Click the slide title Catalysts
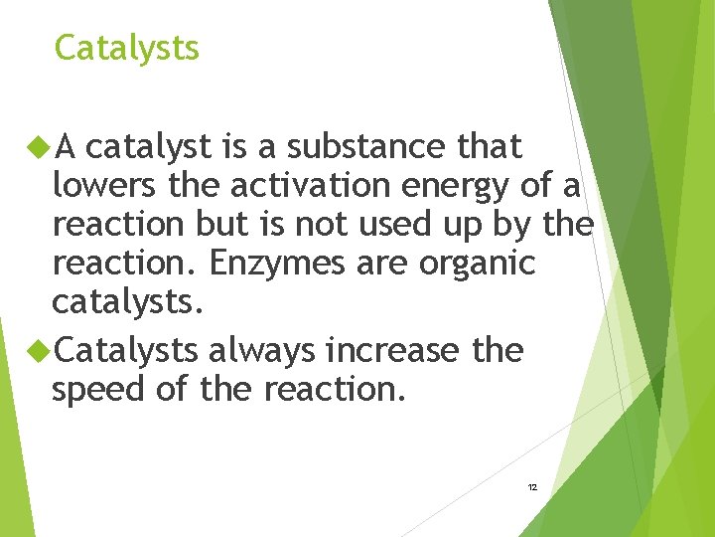[126, 48]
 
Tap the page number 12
[532, 487]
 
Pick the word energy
[458, 187]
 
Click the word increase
[392, 351]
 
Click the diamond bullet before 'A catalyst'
[39, 147]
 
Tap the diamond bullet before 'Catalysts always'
[39, 350]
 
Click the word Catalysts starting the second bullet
[126, 350]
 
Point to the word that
[489, 147]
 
